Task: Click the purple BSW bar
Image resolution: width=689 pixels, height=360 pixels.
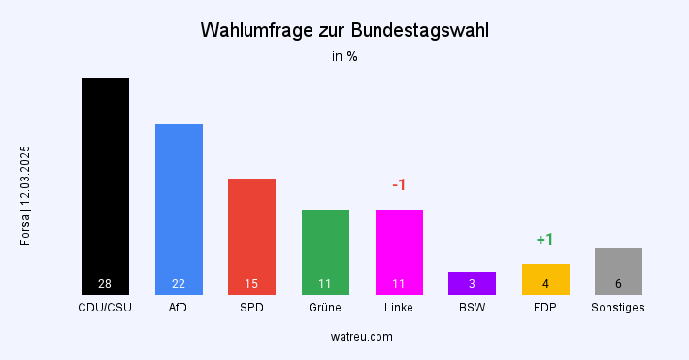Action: click(472, 281)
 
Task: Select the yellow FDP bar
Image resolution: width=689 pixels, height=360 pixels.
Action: click(545, 278)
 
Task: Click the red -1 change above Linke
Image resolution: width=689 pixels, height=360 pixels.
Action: click(398, 185)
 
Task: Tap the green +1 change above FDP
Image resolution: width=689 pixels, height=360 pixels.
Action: click(544, 240)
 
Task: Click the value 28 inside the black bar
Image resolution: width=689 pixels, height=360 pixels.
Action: click(105, 284)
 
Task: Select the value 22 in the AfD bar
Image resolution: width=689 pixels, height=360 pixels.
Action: click(179, 284)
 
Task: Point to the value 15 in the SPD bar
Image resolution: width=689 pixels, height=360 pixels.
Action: click(251, 284)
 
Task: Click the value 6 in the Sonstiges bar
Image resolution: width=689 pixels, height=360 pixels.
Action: click(618, 284)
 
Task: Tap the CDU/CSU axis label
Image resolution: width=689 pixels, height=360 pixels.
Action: click(105, 308)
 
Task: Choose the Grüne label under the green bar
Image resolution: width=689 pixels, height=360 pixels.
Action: click(325, 308)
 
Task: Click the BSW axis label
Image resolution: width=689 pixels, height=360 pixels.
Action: click(472, 308)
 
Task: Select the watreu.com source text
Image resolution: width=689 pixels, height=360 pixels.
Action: click(361, 336)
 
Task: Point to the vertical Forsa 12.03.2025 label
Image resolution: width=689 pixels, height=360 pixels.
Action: click(26, 195)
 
